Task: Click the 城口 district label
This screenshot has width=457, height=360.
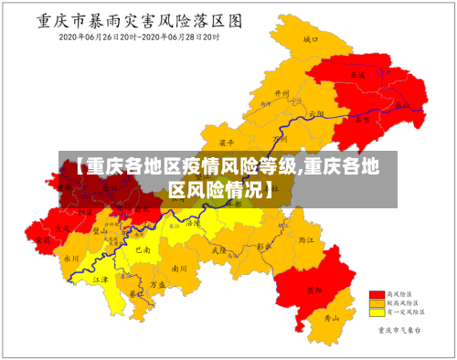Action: tap(311, 40)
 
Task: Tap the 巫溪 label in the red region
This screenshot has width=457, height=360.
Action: tap(357, 74)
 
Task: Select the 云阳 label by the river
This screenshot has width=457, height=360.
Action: tap(316, 113)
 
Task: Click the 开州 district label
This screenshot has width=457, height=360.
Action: tap(282, 93)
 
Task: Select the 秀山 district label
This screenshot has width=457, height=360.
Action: tap(333, 318)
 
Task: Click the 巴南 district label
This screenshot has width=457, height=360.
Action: tap(143, 249)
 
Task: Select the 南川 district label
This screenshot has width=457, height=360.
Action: tap(179, 269)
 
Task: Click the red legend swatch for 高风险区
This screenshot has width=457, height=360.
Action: tap(377, 294)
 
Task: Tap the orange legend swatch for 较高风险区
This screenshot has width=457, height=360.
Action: tap(377, 302)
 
